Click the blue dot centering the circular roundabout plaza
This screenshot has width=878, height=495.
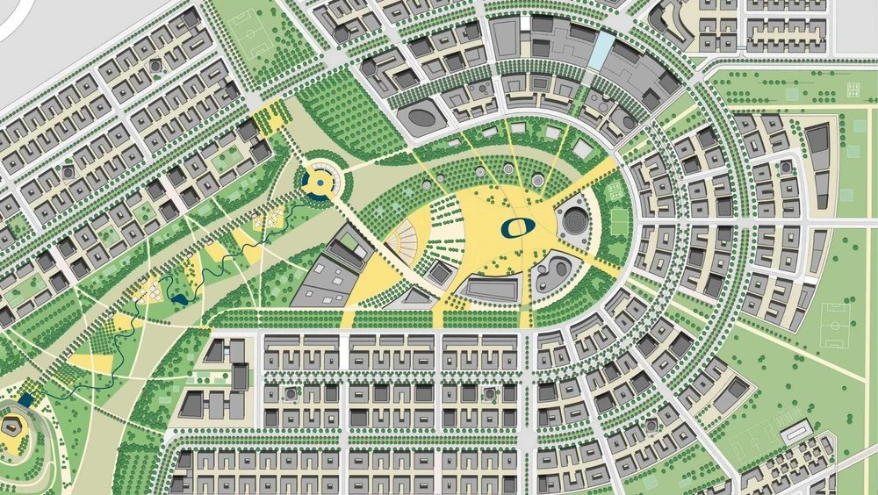click(316, 181)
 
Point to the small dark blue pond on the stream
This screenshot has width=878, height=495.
click(180, 299)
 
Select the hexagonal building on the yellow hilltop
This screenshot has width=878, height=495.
click(16, 427)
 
